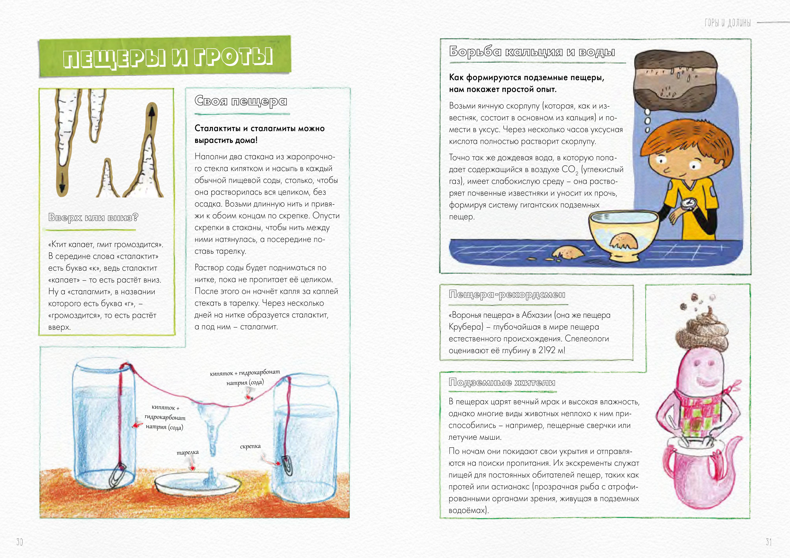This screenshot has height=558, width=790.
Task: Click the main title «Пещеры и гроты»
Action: tap(168, 57)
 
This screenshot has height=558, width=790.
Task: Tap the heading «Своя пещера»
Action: tap(241, 101)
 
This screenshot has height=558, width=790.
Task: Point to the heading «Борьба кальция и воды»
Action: tap(532, 52)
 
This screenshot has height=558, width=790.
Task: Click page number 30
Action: tap(20, 542)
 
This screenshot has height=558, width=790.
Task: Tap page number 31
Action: tap(769, 542)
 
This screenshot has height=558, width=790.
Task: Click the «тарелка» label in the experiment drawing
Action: tap(187, 452)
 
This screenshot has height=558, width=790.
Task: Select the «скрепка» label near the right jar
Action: tap(250, 446)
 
